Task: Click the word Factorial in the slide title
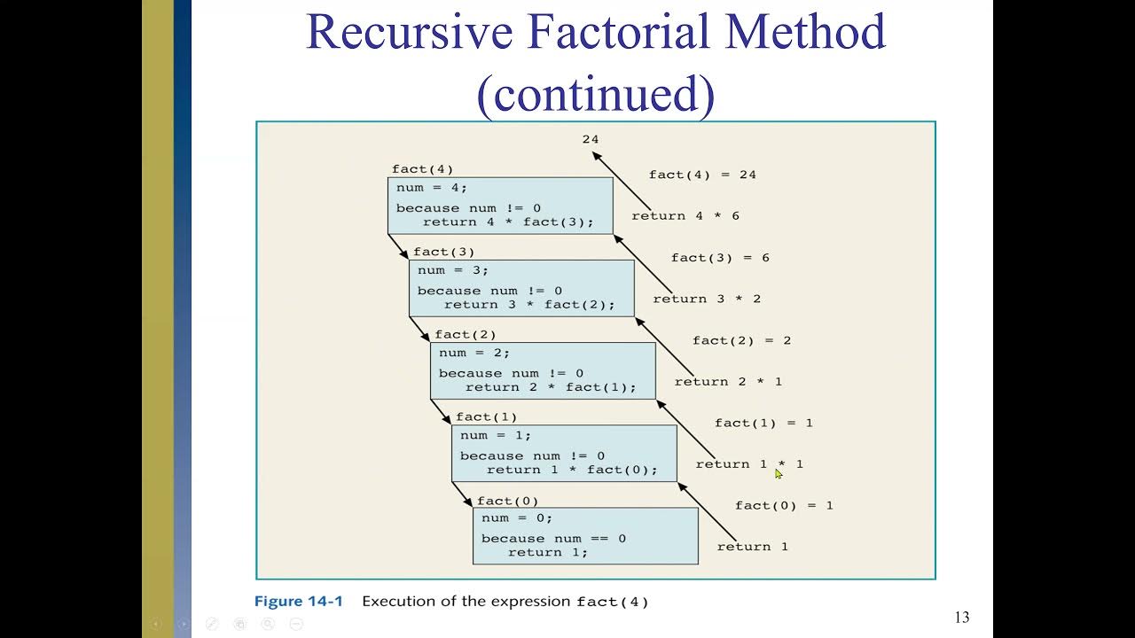(x=648, y=32)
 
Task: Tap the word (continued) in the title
(x=595, y=93)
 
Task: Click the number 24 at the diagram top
(x=591, y=139)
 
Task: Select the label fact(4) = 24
(x=702, y=175)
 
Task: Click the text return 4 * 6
(x=685, y=216)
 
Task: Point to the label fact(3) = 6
(x=720, y=258)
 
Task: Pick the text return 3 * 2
(x=707, y=299)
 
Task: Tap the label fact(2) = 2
(x=741, y=340)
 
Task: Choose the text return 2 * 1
(x=728, y=382)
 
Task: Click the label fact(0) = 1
(x=784, y=506)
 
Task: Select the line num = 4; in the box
(x=432, y=188)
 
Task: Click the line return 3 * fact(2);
(x=529, y=305)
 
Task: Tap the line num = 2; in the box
(x=474, y=353)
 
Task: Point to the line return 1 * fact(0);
(x=572, y=470)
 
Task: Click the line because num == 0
(x=553, y=539)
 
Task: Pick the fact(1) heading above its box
(x=486, y=417)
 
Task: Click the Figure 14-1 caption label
(x=298, y=602)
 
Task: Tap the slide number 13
(x=962, y=618)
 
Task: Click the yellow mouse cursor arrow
(x=779, y=474)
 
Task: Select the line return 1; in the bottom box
(x=547, y=553)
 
